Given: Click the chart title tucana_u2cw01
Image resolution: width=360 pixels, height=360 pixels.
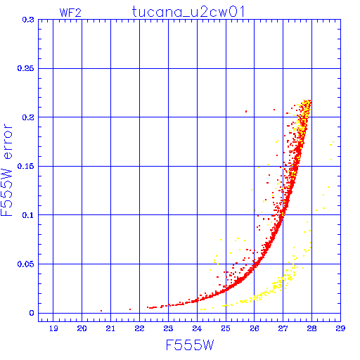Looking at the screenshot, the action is tap(188, 12).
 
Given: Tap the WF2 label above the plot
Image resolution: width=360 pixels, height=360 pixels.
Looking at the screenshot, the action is tap(70, 13).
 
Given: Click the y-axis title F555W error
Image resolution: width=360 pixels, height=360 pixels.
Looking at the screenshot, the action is tap(6, 170).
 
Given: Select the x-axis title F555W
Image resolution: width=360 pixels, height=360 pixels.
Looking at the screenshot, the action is tap(190, 345).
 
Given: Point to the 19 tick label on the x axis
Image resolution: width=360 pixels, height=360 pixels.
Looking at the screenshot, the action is tap(53, 328).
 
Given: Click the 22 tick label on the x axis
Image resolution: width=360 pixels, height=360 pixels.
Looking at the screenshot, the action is tap(139, 328).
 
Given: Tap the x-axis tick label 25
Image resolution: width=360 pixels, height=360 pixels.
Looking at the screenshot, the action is tap(226, 328).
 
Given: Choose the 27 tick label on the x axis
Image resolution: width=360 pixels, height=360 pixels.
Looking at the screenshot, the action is tap(283, 328).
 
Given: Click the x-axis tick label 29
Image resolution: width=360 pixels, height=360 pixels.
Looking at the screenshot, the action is tap(340, 328).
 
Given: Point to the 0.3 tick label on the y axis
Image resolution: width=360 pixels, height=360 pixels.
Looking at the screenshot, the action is tap(28, 20).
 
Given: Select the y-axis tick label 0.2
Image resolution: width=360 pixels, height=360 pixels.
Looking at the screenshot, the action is tap(28, 117).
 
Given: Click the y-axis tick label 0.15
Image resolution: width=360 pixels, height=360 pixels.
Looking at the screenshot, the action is tap(26, 166).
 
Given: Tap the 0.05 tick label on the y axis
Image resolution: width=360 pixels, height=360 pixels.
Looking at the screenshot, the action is tap(26, 264).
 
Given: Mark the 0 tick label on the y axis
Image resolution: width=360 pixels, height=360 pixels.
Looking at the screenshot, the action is tap(32, 313).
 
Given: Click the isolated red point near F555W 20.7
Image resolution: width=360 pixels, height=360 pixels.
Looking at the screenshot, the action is tap(101, 311).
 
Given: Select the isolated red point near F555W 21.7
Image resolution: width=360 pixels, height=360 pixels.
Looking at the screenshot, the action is tap(130, 309).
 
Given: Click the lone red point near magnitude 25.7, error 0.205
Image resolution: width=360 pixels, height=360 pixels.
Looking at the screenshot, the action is tap(246, 111).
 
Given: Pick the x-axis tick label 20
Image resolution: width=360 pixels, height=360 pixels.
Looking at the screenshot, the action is tap(82, 328).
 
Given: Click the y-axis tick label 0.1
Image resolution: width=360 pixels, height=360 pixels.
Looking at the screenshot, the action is tap(28, 215).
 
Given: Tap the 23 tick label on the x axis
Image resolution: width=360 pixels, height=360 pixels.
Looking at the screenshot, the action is tap(168, 328).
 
